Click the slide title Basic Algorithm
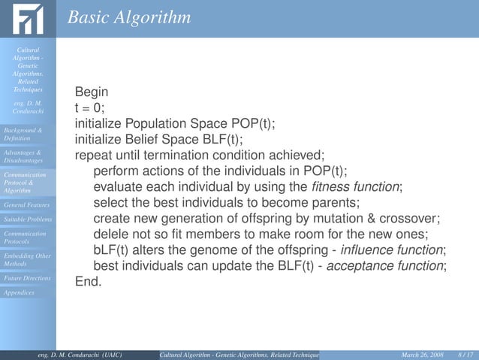[128, 17]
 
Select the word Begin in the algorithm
[92, 92]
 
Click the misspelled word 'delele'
[110, 234]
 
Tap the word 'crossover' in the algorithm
[411, 218]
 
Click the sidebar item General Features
[26, 204]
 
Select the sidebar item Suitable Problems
[27, 219]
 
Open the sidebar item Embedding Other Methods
[27, 260]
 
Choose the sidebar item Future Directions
[27, 278]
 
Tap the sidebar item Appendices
[19, 292]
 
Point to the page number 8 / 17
[464, 354]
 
